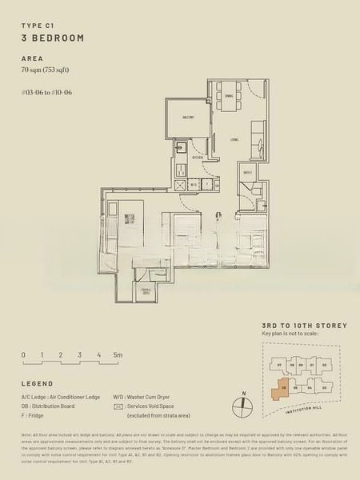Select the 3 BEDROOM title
(x=52, y=38)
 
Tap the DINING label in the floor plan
(x=229, y=97)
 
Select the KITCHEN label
(x=198, y=158)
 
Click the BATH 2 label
(x=249, y=172)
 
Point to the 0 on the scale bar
(x=23, y=354)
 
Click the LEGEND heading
(x=37, y=383)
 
